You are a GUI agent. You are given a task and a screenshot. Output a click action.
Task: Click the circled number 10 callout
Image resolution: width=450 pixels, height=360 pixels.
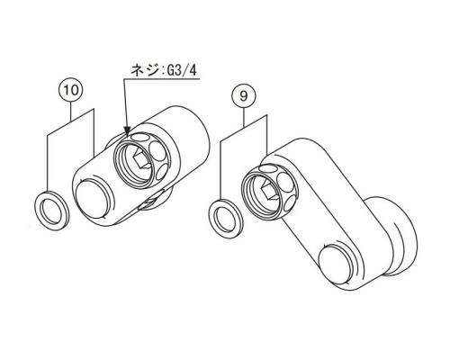(x=71, y=90)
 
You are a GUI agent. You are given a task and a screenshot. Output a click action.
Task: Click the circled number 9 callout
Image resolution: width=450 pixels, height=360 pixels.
(x=243, y=96)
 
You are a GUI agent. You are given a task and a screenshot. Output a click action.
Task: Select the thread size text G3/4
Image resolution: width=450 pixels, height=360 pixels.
(x=180, y=71)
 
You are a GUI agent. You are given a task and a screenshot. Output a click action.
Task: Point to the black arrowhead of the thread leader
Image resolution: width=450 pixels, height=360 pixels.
(x=127, y=130)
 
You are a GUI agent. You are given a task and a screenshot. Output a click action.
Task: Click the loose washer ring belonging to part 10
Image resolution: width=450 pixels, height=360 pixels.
(x=52, y=211)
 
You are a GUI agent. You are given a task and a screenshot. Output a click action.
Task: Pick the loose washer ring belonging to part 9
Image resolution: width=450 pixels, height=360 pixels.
(x=226, y=219)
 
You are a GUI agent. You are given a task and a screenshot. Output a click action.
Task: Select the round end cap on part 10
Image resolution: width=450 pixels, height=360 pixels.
(x=91, y=199)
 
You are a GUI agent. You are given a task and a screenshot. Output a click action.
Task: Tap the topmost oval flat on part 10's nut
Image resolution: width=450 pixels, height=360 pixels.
(x=139, y=138)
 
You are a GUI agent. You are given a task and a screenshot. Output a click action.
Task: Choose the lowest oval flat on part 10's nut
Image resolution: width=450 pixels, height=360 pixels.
(x=162, y=175)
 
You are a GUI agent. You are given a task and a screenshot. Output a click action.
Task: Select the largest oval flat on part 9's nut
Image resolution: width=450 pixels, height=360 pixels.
(x=285, y=182)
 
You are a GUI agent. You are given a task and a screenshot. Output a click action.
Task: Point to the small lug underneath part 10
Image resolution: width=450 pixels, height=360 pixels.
(x=153, y=201)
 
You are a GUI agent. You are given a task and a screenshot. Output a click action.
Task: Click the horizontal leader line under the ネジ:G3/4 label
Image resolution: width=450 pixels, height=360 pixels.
(x=161, y=79)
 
